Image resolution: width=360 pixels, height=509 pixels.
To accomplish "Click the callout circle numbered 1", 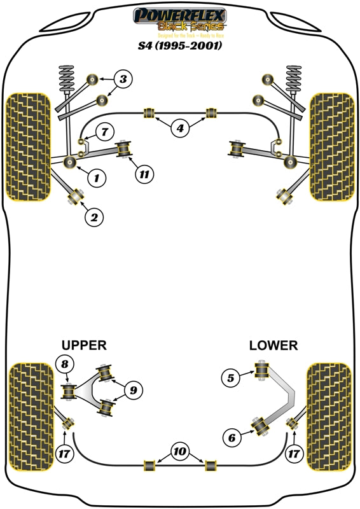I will coord(97,179).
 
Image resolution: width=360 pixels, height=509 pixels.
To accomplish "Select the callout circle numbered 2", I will coord(94,218).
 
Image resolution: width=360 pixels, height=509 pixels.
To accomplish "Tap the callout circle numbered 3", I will coord(123,80).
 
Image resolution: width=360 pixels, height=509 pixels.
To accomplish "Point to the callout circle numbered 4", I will coord(180,129).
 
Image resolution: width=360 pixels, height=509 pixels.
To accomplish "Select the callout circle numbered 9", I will coord(134,390).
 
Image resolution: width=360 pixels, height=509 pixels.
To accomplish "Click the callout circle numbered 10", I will coord(180,452).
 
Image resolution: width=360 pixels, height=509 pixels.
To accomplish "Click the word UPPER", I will coord(83,345).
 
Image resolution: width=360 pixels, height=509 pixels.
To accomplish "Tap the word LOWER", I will coord(273,345).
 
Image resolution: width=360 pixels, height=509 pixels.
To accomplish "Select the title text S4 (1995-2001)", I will coord(179,46).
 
